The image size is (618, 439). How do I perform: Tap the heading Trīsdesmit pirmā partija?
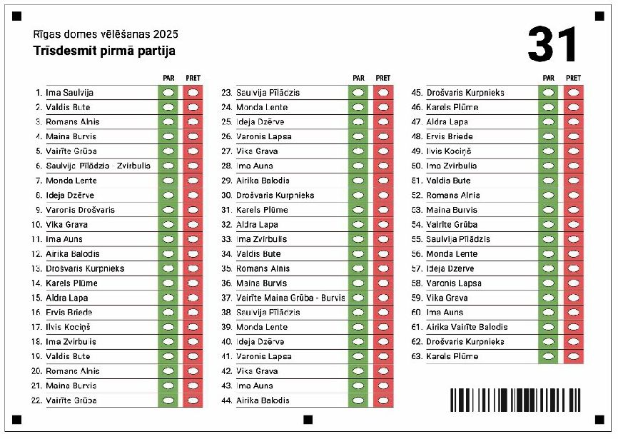pos(104,51)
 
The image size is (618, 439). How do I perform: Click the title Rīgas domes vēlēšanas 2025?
pos(106,34)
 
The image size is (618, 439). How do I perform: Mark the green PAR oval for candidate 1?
pos(168,93)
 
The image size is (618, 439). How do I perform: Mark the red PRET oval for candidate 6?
pos(193,166)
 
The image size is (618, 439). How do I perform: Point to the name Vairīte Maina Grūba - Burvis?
pos(290,298)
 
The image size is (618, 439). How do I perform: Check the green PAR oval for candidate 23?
pos(358,93)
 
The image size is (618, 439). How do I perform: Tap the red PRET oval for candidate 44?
pos(383,400)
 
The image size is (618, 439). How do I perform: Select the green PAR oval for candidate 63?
pos(548,356)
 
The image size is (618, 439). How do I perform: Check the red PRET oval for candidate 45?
pos(573,93)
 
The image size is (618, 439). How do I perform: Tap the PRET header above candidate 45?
pos(573,78)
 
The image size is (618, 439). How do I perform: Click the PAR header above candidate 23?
pos(358,78)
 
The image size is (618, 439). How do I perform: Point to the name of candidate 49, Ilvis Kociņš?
pos(448,151)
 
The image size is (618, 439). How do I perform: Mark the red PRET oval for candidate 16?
pos(193,312)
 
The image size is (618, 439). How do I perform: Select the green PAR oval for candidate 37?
pos(358,298)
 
